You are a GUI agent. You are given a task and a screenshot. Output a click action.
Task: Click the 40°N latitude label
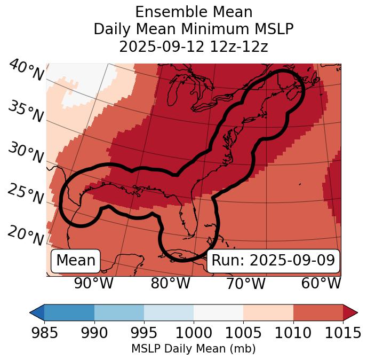[x=26, y=71]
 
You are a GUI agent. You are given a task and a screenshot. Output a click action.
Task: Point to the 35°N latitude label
[x=26, y=113]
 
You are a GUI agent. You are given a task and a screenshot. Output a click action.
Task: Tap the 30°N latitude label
[x=26, y=154]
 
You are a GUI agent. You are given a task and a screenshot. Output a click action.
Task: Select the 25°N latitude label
[x=26, y=194]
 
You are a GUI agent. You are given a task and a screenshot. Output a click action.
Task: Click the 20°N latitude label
[x=26, y=236]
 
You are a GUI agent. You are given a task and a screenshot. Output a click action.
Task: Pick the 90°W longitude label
[x=93, y=283]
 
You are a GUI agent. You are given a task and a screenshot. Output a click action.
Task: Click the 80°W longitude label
[x=170, y=283]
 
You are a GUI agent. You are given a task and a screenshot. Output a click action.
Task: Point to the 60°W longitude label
[x=321, y=283]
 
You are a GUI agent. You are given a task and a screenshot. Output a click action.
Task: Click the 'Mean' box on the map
[x=76, y=261]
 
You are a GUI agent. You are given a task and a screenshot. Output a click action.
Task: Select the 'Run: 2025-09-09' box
[x=273, y=261]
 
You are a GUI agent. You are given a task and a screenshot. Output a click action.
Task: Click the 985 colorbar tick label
[x=44, y=333]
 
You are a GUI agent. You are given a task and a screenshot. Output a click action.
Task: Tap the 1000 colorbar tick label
[x=194, y=333]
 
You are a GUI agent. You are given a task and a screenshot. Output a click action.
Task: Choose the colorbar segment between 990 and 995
[x=119, y=312]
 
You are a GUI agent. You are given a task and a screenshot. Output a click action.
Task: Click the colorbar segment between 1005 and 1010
[x=268, y=312]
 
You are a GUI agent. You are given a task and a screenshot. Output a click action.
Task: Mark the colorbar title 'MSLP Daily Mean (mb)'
[x=194, y=349]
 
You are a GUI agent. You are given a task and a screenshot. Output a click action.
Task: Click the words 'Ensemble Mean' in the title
[x=194, y=12]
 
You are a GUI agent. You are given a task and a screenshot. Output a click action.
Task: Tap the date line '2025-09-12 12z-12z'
[x=194, y=46]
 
